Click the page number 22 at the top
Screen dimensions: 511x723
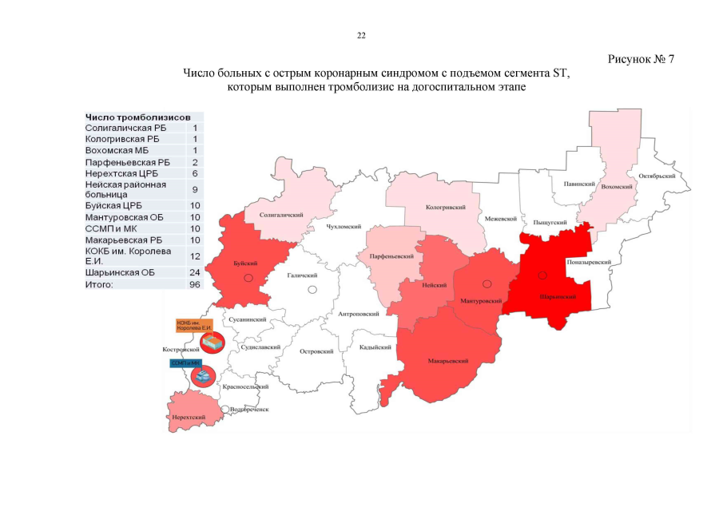pyautogui.click(x=361, y=36)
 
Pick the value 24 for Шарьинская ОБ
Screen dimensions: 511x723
pyautogui.click(x=194, y=272)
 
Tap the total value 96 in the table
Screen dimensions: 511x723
pyautogui.click(x=194, y=283)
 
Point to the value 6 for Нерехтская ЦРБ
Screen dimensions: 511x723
pyautogui.click(x=194, y=172)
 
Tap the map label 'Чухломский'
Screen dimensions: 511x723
pyautogui.click(x=344, y=227)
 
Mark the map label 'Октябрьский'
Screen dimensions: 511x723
pyautogui.click(x=657, y=175)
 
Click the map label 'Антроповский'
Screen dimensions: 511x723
pyautogui.click(x=359, y=314)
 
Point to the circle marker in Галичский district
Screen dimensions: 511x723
pyautogui.click(x=312, y=289)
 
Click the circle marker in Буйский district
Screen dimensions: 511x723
pyautogui.click(x=248, y=277)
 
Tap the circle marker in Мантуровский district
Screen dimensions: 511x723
pyautogui.click(x=486, y=284)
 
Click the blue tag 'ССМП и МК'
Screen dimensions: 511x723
pyautogui.click(x=183, y=362)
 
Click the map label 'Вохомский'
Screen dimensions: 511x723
pyautogui.click(x=618, y=186)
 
